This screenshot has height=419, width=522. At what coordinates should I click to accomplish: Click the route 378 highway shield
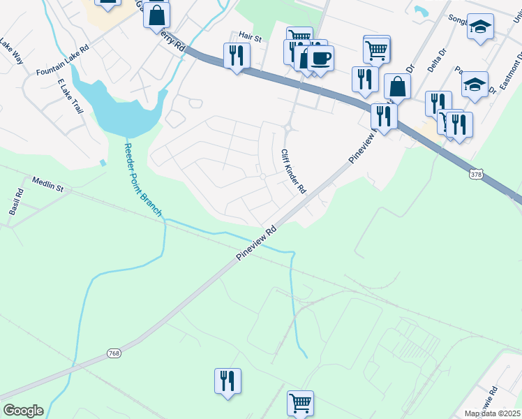[x=477, y=172]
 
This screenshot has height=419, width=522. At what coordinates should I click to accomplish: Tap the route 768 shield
[x=114, y=354]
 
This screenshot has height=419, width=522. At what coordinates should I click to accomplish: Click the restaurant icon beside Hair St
[x=237, y=54]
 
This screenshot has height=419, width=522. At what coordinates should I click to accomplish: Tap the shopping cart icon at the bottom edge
[x=300, y=402]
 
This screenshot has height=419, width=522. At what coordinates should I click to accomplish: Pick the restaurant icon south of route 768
[x=228, y=381]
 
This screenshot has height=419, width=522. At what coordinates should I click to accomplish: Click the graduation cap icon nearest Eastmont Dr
[x=475, y=84]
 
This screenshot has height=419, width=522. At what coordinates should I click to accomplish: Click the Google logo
[x=23, y=411]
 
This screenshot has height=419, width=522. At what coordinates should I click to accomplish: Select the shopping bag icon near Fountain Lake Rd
[x=157, y=14]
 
